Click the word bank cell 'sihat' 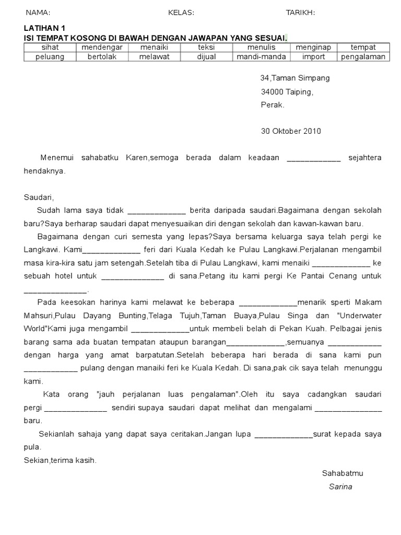tap(50, 48)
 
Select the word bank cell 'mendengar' tap(102, 48)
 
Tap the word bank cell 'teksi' tap(206, 48)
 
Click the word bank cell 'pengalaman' tap(363, 56)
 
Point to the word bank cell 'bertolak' tap(102, 56)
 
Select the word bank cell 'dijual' tap(206, 56)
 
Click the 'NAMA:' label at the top tap(38, 13)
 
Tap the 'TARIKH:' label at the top tap(300, 13)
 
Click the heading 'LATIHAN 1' tap(45, 28)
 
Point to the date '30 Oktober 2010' tap(291, 131)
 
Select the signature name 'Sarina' tap(340, 486)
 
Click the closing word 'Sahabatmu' tap(342, 473)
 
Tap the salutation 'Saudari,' tap(39, 197)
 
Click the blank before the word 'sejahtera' tap(314, 158)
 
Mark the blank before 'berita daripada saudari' tap(157, 211)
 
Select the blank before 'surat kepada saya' tap(283, 435)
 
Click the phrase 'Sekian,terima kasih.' tap(60, 460)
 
